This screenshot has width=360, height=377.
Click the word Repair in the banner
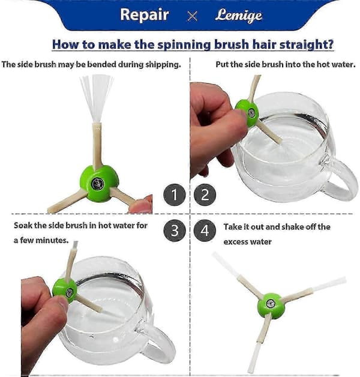click(x=145, y=15)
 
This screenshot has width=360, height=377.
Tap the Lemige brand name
click(x=238, y=16)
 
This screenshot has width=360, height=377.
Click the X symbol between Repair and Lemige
click(x=192, y=16)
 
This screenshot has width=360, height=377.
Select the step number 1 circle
click(x=175, y=195)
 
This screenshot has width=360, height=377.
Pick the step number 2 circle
click(x=205, y=195)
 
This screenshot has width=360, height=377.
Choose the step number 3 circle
click(x=175, y=231)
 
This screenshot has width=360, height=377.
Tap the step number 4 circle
click(x=205, y=231)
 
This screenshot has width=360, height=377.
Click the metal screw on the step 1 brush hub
click(x=98, y=184)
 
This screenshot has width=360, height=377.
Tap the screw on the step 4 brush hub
click(x=271, y=304)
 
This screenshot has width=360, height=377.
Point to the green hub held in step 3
click(x=65, y=290)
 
